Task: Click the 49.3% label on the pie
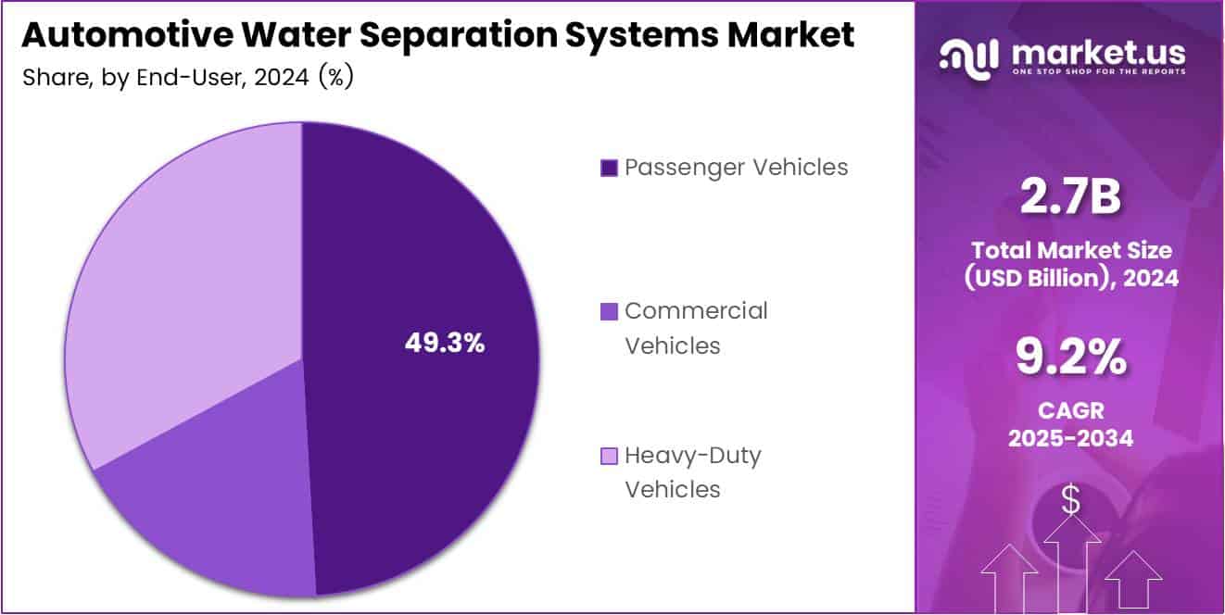coord(445,343)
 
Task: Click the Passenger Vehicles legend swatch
coord(609,168)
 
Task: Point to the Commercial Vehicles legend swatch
coord(609,311)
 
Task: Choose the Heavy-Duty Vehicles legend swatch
coord(609,456)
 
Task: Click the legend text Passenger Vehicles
coord(737,168)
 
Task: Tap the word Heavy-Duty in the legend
coord(693,456)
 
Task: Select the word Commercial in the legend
coord(696,311)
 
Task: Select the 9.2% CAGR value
coord(1070,358)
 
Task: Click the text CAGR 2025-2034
coord(1070,424)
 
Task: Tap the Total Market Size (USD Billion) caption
coord(1070,263)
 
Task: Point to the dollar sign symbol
coord(1070,501)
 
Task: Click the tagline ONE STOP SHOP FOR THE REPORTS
coord(1099,71)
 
